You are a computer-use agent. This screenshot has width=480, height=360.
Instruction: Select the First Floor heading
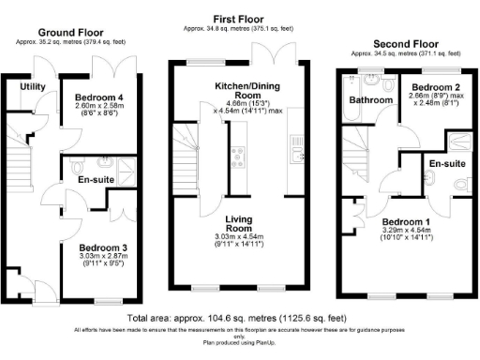(x=237, y=18)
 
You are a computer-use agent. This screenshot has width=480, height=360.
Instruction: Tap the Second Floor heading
(x=406, y=43)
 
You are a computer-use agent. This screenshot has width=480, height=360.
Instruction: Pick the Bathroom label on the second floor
(x=369, y=99)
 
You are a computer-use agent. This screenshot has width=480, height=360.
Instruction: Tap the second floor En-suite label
(x=447, y=165)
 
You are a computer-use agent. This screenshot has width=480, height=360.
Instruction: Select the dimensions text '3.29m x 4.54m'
(x=413, y=230)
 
